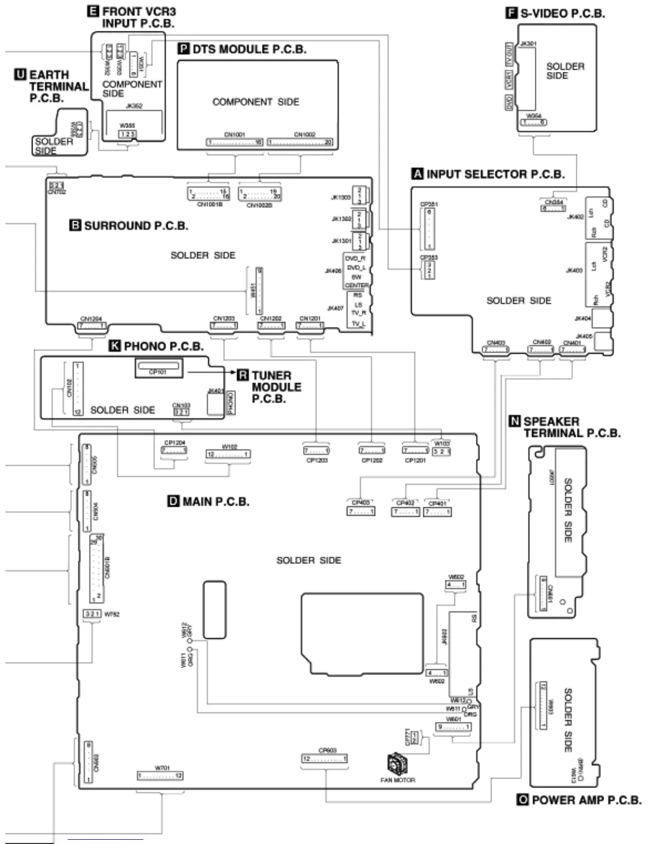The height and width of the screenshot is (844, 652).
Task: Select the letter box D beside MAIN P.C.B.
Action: (x=174, y=501)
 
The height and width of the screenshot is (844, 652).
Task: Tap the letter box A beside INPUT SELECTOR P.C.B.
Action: (x=418, y=174)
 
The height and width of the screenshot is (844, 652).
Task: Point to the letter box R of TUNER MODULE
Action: (x=243, y=375)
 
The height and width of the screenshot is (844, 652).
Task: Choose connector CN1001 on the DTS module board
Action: (x=235, y=142)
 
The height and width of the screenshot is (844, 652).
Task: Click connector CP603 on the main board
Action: (x=324, y=759)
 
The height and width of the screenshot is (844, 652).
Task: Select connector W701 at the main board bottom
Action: (x=160, y=775)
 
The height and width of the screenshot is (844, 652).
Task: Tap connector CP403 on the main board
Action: (x=361, y=512)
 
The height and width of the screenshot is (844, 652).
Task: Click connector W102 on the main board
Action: (x=229, y=455)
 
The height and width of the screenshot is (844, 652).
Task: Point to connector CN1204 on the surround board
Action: (x=92, y=326)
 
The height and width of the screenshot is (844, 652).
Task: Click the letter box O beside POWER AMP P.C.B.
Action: (x=523, y=800)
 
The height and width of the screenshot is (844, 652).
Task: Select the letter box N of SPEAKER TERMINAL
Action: (x=515, y=421)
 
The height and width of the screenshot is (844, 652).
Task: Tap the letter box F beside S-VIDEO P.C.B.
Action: (x=511, y=13)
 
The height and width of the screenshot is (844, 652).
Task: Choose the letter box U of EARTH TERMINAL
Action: (x=20, y=75)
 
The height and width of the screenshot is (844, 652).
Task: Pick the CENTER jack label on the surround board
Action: (x=356, y=286)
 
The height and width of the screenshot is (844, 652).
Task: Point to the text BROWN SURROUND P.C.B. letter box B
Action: (x=76, y=225)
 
